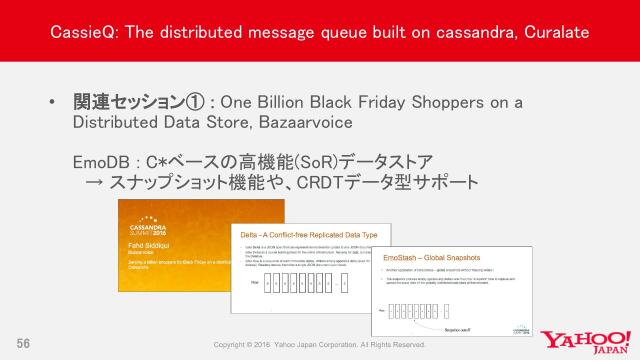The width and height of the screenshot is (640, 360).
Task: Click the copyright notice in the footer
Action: tap(320, 345)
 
